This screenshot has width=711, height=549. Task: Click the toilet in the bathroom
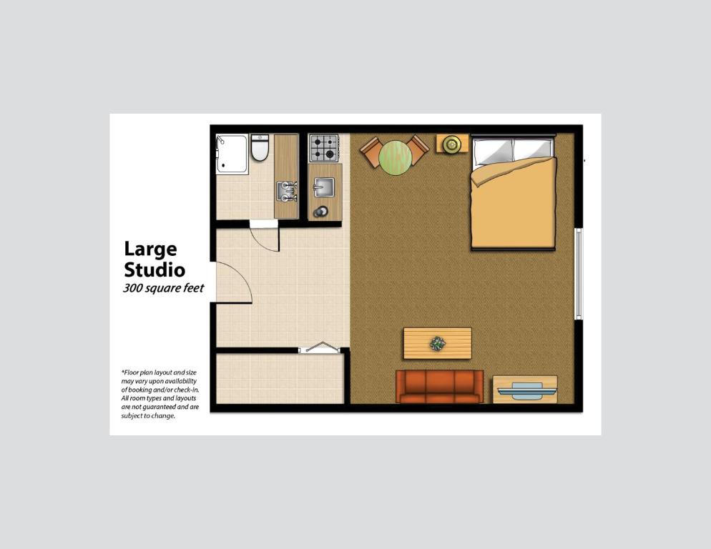(x=259, y=148)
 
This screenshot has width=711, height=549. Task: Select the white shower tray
(x=232, y=154)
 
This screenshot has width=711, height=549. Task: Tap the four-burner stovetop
(x=323, y=147)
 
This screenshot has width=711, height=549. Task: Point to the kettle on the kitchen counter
(x=321, y=211)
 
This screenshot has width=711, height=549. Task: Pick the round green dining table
(x=395, y=157)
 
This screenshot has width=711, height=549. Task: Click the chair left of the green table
(x=372, y=151)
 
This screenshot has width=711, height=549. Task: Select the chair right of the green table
(x=418, y=149)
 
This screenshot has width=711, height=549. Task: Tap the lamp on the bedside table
(x=451, y=144)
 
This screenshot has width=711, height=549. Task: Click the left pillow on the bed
(x=493, y=151)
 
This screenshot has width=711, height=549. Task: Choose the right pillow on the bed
(x=533, y=150)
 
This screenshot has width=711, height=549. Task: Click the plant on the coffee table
(x=437, y=344)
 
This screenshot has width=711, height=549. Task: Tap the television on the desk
(x=526, y=390)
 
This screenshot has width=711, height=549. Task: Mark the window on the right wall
(x=579, y=274)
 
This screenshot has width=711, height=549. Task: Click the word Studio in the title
(x=155, y=269)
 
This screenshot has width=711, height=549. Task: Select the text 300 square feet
(x=164, y=289)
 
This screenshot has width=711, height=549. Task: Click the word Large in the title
(x=150, y=249)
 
